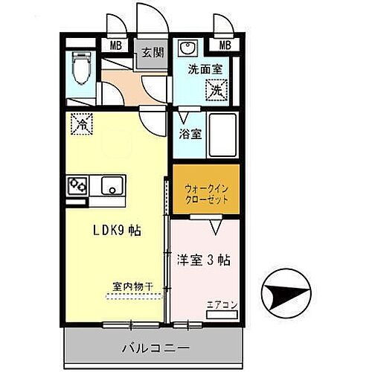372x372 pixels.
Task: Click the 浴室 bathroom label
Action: point(190,135)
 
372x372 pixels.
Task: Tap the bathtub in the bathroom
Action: point(221,135)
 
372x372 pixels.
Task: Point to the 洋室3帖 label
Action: point(202,260)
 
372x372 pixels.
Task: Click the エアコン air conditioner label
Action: point(222,305)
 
